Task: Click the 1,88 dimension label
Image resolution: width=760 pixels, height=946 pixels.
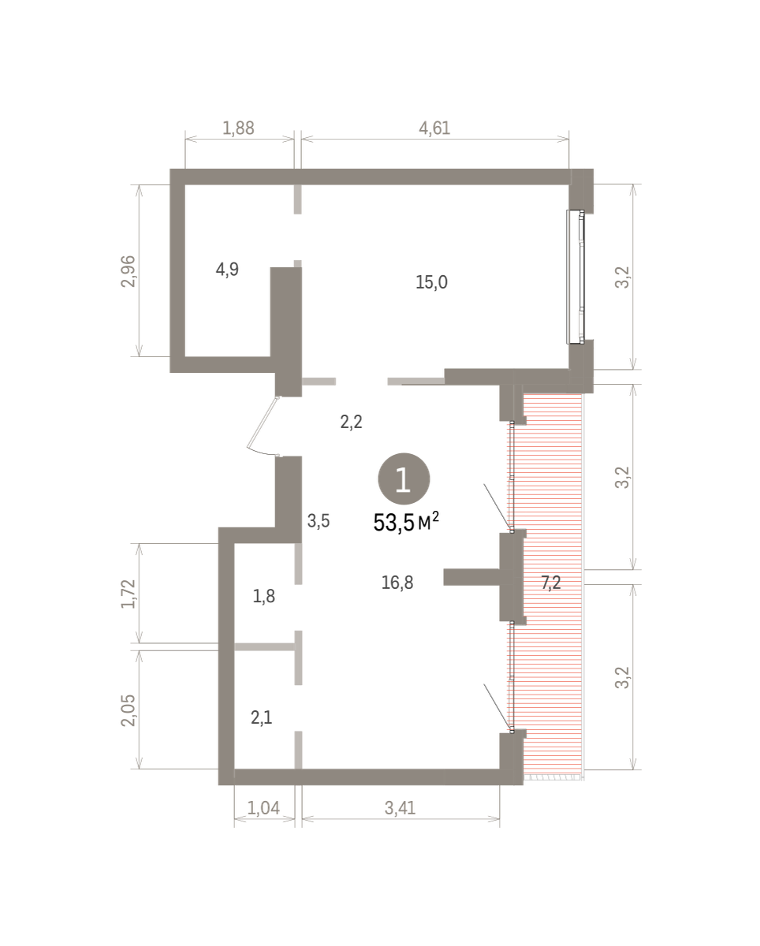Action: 238,128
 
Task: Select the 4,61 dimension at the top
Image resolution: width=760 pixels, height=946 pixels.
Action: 434,128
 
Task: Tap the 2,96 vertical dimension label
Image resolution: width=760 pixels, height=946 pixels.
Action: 129,271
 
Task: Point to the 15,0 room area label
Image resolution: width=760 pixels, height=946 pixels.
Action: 432,282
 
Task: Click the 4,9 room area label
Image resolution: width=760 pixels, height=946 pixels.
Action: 227,269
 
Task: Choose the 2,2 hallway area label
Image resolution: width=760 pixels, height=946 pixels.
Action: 351,422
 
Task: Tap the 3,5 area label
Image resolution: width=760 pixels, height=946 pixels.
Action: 319,521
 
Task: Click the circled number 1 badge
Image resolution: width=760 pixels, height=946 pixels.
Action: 404,479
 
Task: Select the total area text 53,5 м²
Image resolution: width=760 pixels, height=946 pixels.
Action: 406,522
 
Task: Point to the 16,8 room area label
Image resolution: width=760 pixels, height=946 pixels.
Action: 397,583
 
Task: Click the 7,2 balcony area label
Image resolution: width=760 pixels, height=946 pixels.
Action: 551,583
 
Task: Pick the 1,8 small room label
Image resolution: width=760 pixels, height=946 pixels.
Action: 264,597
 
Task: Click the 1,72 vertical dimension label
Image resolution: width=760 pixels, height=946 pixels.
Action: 129,594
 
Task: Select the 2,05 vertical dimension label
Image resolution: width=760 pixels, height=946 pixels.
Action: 129,710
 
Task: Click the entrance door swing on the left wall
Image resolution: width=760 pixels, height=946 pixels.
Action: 263,426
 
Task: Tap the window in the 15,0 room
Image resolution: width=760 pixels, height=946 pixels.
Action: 576,277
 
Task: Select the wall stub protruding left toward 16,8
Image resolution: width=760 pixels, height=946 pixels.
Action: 471,577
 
